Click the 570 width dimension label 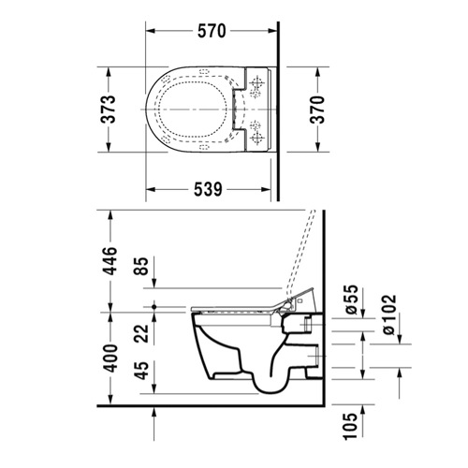212,31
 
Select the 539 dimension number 208,189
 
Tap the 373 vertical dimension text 110,110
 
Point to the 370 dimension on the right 317,110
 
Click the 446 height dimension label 110,261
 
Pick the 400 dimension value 110,358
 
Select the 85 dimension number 140,266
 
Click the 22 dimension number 141,334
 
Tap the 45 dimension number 142,371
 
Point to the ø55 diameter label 351,300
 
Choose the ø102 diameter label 389,314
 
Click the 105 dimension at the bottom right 350,426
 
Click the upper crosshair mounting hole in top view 257,82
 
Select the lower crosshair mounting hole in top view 257,137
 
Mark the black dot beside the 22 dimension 154,307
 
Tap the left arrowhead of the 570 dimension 151,31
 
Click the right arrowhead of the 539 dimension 266,189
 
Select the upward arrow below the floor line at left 154,423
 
